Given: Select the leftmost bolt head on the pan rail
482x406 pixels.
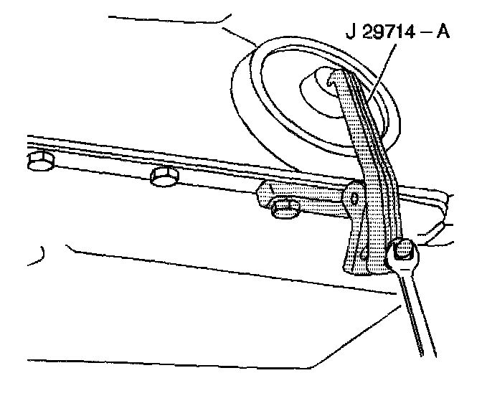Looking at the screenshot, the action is (39, 162).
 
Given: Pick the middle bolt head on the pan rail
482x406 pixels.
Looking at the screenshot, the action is (164, 175).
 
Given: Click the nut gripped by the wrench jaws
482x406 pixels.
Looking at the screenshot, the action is (401, 250).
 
